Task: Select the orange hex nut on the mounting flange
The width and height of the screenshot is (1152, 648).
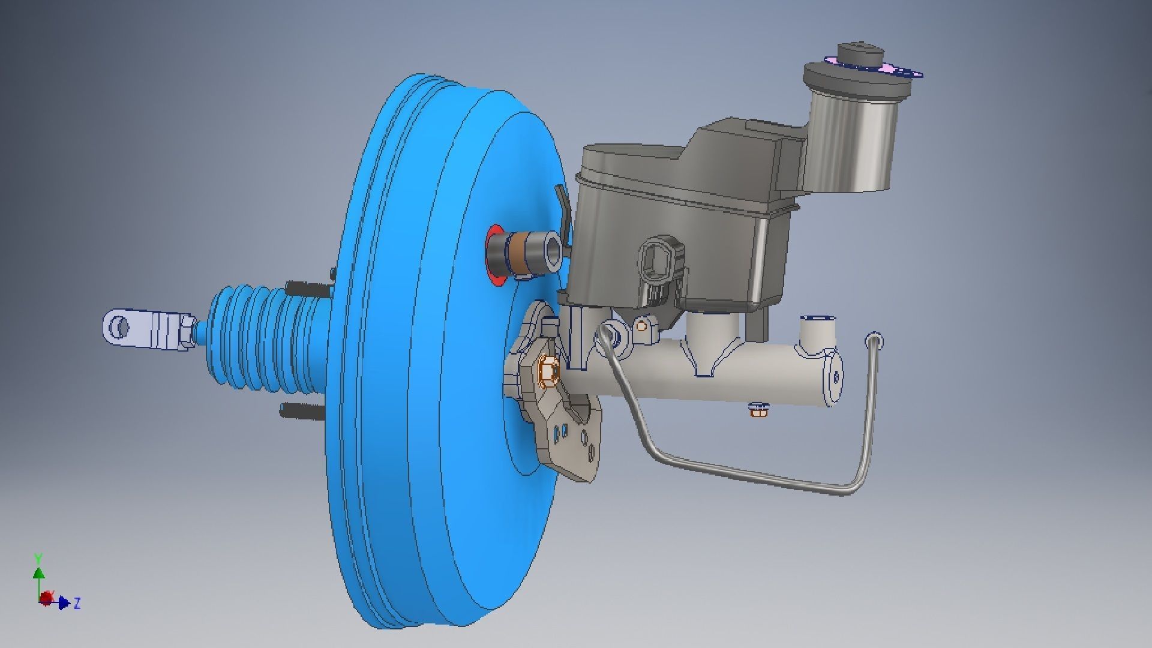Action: click(x=548, y=371)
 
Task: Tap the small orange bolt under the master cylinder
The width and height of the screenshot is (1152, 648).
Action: click(x=759, y=411)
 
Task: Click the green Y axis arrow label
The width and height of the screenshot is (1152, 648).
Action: click(x=38, y=559)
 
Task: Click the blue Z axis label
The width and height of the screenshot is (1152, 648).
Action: click(x=77, y=603)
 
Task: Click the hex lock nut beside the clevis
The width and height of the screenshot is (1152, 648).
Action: click(x=185, y=331)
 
